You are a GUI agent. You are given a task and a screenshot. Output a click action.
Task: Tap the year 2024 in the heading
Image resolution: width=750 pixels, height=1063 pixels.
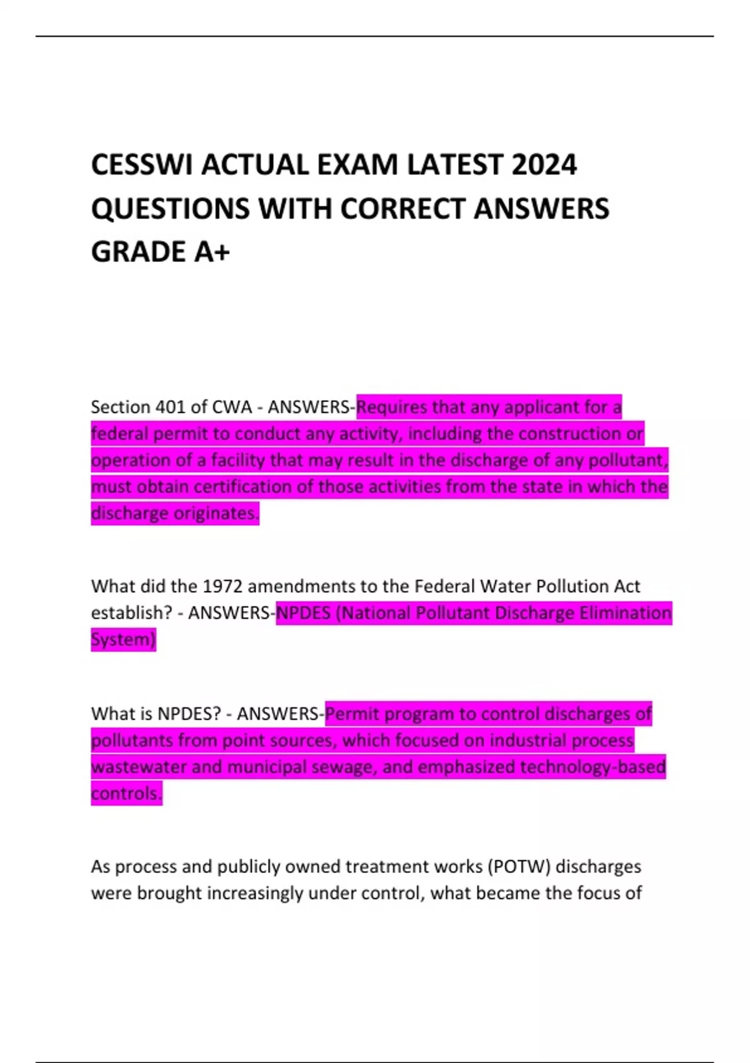click(544, 166)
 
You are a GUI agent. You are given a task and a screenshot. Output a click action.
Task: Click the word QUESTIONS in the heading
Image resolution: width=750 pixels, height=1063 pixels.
click(171, 209)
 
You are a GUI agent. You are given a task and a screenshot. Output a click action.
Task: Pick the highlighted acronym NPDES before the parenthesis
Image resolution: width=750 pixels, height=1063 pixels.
click(303, 613)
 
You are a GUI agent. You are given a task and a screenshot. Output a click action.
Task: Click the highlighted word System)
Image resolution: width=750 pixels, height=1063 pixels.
click(123, 639)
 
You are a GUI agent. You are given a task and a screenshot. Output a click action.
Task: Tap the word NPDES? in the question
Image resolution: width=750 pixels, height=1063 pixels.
click(189, 713)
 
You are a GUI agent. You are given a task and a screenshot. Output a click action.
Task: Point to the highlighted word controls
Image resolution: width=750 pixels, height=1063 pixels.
click(126, 793)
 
